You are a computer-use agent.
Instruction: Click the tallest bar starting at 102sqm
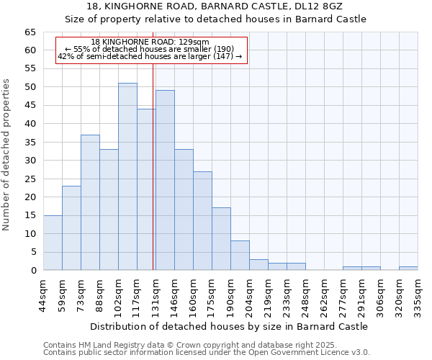pos(127,176)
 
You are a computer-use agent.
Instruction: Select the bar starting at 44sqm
pos(53,243)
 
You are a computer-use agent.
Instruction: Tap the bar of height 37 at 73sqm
pos(90,202)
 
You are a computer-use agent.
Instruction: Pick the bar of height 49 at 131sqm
pos(165,180)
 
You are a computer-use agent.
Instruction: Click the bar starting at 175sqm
pos(221,239)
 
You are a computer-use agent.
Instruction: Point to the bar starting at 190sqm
pos(240,256)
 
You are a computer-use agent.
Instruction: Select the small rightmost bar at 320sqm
pos(408,269)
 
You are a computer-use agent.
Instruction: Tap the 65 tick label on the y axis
pos(30,32)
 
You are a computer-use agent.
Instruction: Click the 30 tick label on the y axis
pos(30,161)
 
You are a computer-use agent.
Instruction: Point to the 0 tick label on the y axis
pos(33,271)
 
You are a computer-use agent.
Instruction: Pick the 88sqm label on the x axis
pos(99,292)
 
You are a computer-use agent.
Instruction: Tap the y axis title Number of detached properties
pos(6,155)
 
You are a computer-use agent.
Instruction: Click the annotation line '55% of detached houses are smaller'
pos(150,49)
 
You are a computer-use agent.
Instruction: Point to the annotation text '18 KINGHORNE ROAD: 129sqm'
pos(150,42)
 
